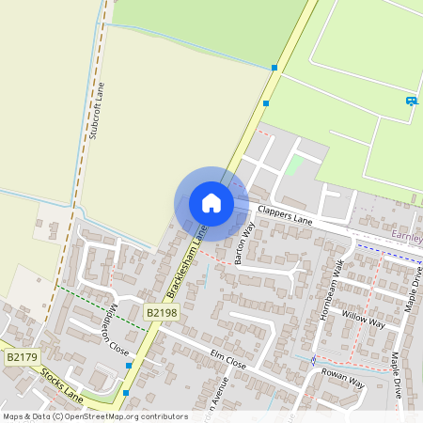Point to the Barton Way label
245,243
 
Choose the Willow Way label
364,318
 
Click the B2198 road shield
161,311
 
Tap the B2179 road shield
22,357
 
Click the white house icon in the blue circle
211,203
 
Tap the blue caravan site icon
411,101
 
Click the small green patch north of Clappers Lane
296,166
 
